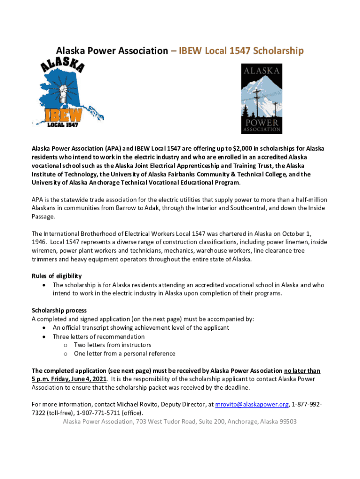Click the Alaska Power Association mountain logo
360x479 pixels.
click(x=261, y=98)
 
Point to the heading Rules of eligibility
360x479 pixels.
click(x=57, y=276)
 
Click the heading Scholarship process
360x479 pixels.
click(x=59, y=310)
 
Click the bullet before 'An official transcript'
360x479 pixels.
click(x=44, y=328)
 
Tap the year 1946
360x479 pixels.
click(x=39, y=242)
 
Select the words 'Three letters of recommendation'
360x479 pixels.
click(x=99, y=337)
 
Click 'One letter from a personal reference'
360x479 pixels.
click(x=124, y=354)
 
